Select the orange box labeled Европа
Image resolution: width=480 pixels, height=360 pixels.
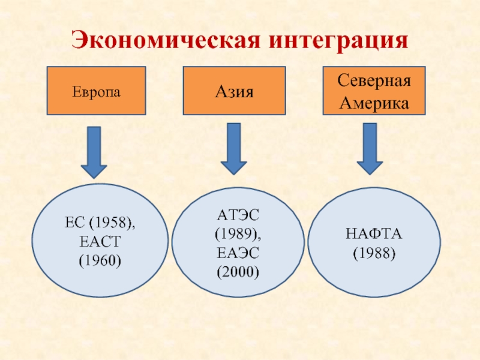[x=97, y=91]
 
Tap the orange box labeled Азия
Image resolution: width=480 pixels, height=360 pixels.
[x=234, y=91]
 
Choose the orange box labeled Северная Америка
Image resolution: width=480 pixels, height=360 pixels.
[x=374, y=91]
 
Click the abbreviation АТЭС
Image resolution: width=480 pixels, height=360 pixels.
[x=238, y=214]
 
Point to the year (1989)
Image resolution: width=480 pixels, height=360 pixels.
[x=238, y=233]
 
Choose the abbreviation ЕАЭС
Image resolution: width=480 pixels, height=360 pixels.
[x=238, y=253]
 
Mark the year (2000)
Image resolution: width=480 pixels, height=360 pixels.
[x=238, y=272]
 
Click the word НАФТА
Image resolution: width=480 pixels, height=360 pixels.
[x=374, y=233]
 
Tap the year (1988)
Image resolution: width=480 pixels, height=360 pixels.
[x=374, y=253]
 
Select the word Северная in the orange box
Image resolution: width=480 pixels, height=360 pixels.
[x=374, y=81]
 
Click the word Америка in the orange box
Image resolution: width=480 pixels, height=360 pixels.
[x=374, y=102]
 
